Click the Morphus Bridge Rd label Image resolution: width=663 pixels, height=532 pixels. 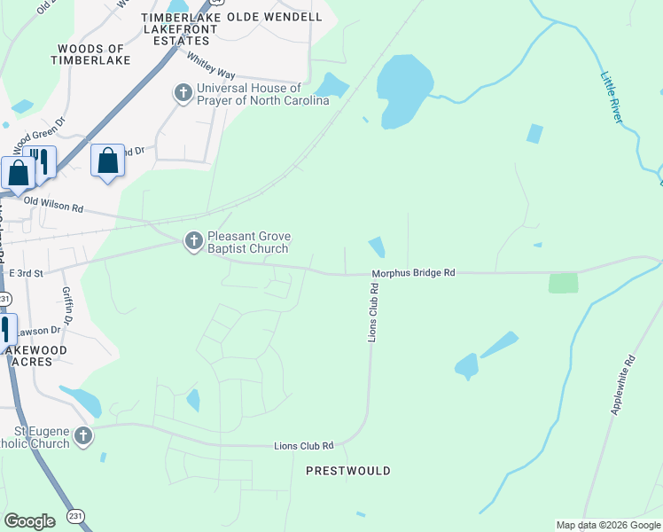point(413,273)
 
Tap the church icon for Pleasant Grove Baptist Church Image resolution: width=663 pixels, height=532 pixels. point(193,241)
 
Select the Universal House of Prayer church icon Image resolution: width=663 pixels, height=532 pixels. point(183,93)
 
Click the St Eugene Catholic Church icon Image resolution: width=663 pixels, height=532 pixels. point(83,435)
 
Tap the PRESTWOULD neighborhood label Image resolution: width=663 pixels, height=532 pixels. point(347,471)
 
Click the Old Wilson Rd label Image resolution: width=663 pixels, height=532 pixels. point(53,205)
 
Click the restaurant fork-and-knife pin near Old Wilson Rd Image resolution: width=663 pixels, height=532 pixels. point(40,160)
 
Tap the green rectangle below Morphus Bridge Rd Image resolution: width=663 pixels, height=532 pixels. point(563,283)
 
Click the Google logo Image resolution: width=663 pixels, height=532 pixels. point(29,521)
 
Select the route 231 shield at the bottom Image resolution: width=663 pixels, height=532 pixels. point(75,515)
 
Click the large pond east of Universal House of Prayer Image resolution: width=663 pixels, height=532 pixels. point(403,90)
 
